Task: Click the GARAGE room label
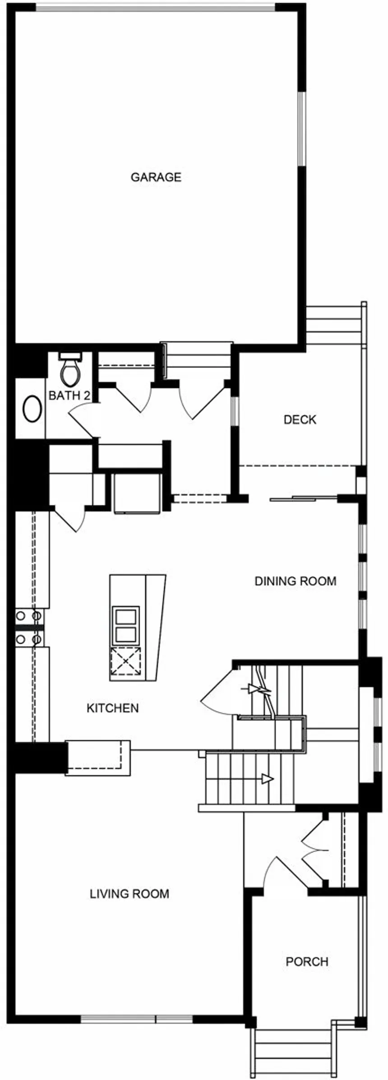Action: (156, 177)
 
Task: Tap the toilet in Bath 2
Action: (71, 369)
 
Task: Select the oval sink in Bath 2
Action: (32, 409)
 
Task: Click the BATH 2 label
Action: (69, 396)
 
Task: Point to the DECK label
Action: (300, 420)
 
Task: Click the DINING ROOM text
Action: (296, 581)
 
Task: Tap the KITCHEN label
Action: (113, 708)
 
